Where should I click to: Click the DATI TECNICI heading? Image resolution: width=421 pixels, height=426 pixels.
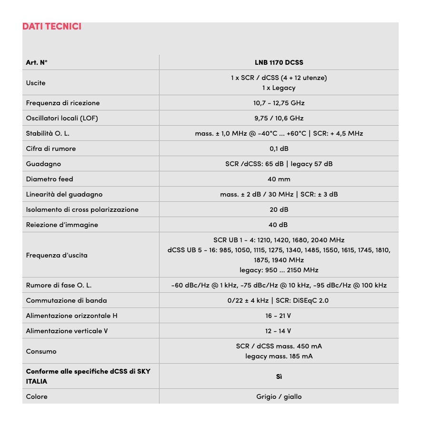click(51, 27)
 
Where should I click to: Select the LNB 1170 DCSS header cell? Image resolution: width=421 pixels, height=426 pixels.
click(279, 62)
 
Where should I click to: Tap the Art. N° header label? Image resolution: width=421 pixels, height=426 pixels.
click(37, 62)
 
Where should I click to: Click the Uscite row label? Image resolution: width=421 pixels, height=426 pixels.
click(36, 83)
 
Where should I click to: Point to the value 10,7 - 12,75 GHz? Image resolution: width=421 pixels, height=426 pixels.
click(279, 103)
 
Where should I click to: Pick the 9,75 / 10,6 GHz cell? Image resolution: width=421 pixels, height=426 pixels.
click(279, 118)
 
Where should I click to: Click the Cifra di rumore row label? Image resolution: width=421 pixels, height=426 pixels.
click(51, 149)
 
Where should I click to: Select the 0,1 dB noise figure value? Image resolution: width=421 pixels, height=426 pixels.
click(279, 149)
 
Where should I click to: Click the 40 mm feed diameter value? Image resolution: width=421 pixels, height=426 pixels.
click(279, 179)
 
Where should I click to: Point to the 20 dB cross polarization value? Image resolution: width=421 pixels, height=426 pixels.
click(279, 209)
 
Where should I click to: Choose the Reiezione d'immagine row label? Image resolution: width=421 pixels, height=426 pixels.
click(62, 225)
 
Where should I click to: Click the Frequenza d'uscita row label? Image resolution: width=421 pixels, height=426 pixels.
click(57, 255)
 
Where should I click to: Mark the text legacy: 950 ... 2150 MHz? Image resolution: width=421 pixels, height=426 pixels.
click(279, 270)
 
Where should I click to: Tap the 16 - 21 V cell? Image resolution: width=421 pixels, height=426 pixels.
click(279, 316)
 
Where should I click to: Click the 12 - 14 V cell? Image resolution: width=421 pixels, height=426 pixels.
click(279, 331)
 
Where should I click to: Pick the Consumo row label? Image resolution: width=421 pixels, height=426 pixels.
click(41, 351)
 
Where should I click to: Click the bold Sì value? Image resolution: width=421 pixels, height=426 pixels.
click(279, 376)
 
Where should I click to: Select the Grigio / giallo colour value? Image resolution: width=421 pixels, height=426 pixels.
click(279, 396)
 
